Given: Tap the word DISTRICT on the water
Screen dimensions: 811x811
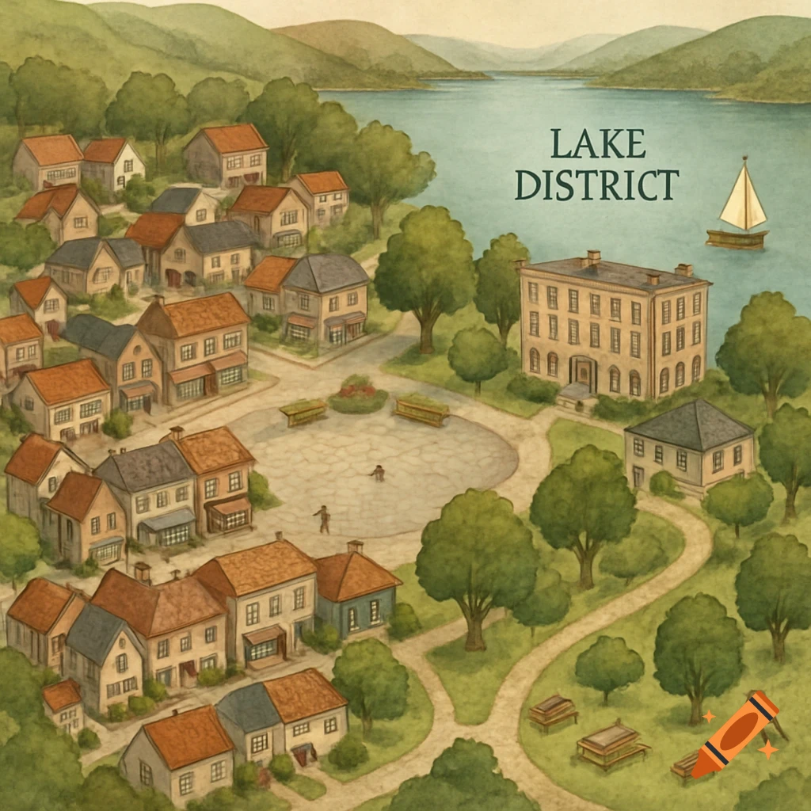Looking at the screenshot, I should [596, 185].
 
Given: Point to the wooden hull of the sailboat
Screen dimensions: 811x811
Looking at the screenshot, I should [737, 238].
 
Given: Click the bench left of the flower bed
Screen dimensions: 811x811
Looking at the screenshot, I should [303, 412].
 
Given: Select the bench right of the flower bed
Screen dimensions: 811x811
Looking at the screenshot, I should [421, 409].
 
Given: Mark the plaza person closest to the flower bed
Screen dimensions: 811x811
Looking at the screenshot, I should [378, 473].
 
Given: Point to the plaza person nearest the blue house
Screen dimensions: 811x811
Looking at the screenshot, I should [322, 518].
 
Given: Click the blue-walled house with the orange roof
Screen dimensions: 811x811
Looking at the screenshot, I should [356, 594].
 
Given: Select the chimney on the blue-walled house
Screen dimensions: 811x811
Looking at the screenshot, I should [355, 546].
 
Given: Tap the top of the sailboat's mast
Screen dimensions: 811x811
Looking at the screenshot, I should [744, 158].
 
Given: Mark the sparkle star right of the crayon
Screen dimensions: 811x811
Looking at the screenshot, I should [767, 749].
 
